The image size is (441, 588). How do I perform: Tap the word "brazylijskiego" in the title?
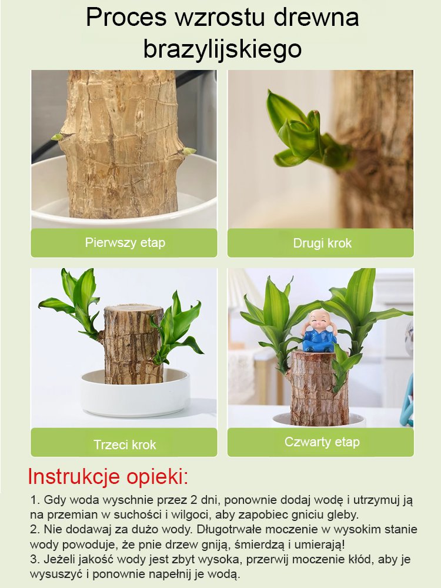click(x=222, y=49)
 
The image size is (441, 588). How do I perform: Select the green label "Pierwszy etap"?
click(x=125, y=242)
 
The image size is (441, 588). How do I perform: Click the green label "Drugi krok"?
click(x=322, y=243)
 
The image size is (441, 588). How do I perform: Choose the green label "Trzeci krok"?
click(x=125, y=445)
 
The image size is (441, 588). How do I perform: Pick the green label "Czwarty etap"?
click(x=322, y=442)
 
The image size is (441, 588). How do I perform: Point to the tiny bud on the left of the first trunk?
click(x=57, y=136)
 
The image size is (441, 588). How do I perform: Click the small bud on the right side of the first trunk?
click(x=189, y=151)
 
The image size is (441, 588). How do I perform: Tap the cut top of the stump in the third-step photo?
click(x=133, y=310)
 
